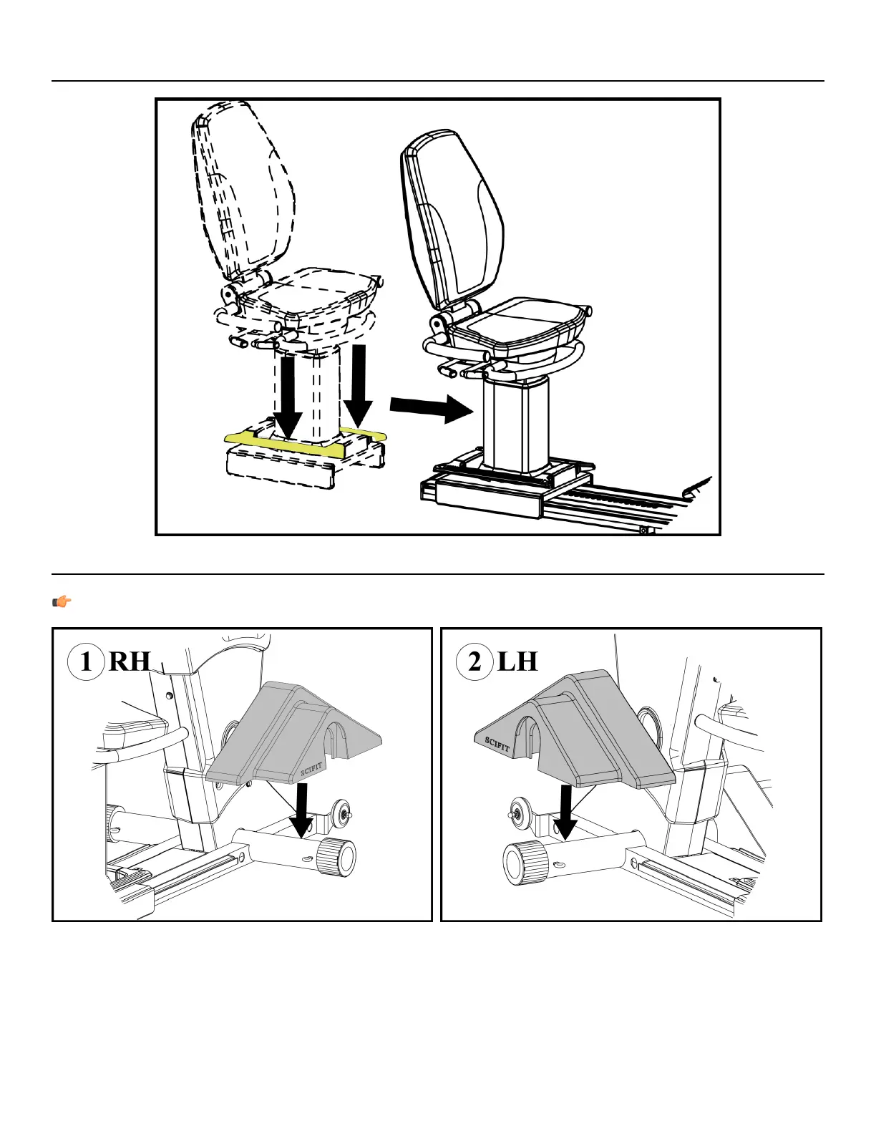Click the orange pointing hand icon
click(x=62, y=601)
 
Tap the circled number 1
click(x=86, y=661)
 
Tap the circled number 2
click(x=474, y=661)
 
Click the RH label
click(x=130, y=661)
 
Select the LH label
click(x=517, y=661)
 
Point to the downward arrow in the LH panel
click(x=565, y=813)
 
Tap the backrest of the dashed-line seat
click(x=243, y=193)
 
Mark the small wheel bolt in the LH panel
click(x=515, y=813)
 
